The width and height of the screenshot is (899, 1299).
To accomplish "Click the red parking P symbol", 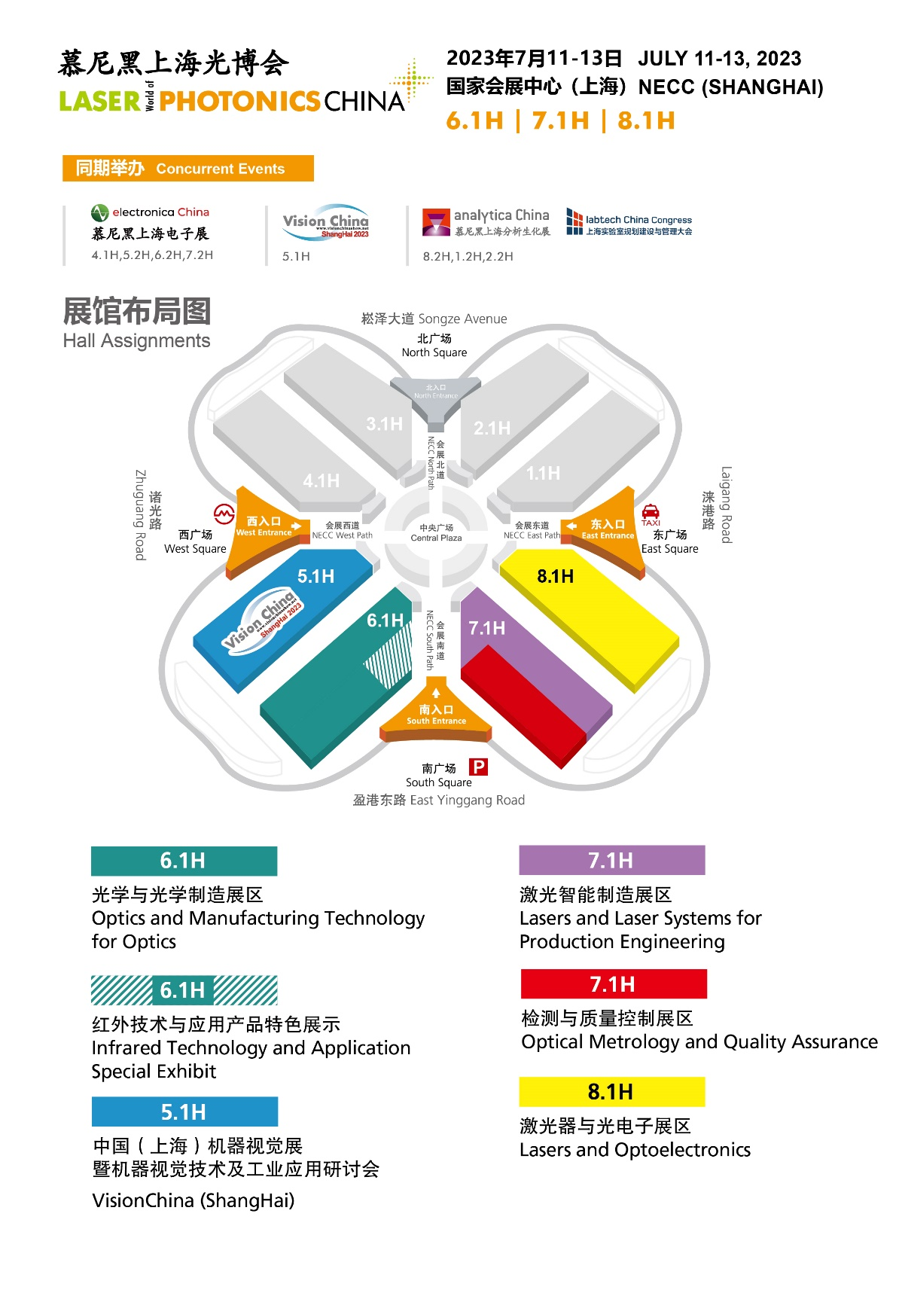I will click(478, 767).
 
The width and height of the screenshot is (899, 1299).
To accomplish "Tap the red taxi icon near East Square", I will click(651, 512).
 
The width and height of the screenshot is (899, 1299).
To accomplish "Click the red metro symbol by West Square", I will click(224, 514).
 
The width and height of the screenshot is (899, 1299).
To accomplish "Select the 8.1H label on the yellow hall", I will click(555, 577).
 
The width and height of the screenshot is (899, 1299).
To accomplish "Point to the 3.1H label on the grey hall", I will click(384, 425).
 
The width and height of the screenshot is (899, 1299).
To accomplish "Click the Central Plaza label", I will click(436, 533).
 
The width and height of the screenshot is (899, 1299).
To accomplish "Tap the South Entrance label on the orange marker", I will click(436, 715).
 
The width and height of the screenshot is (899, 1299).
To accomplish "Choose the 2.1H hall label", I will click(492, 428).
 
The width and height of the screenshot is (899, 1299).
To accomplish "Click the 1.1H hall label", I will click(543, 474).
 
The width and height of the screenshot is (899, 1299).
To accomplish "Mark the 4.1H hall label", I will click(322, 480).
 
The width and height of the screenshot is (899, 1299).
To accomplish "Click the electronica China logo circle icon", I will click(99, 213).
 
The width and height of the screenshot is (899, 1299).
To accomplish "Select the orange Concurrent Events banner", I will click(187, 169).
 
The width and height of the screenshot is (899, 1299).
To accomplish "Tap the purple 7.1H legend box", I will click(611, 861).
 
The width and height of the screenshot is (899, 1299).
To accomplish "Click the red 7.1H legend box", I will click(613, 984).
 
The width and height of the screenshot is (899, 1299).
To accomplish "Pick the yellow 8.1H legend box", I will click(611, 1092).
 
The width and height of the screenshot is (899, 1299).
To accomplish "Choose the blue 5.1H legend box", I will click(184, 1112).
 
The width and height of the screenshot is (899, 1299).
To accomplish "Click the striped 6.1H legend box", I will click(184, 990).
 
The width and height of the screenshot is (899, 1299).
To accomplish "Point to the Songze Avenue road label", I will click(434, 319).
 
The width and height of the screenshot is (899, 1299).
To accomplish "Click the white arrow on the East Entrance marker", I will click(571, 526).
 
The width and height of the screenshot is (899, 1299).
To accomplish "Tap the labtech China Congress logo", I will click(629, 223).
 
